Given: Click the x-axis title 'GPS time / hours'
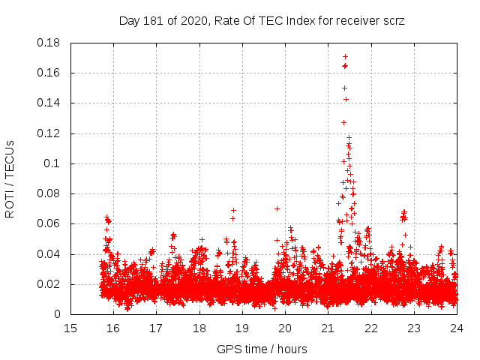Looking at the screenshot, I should [262, 349].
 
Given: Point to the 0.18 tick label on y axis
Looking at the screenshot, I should [49, 43].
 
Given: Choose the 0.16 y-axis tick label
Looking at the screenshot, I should [49, 73].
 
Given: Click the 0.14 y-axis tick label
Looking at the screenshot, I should [49, 103].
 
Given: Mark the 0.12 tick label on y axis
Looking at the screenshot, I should [49, 133].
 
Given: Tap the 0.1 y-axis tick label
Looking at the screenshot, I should [53, 163].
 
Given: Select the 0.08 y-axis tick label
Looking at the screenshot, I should [49, 193].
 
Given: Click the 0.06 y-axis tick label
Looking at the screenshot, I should [49, 223].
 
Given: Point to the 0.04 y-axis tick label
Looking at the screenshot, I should [49, 254].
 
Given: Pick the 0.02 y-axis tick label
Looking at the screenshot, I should [49, 284].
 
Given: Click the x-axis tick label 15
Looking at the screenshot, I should [70, 328].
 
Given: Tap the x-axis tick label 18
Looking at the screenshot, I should [199, 328].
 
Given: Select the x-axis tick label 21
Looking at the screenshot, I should [328, 328].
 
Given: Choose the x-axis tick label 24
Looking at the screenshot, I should [456, 328].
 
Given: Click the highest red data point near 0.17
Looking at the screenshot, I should [345, 56].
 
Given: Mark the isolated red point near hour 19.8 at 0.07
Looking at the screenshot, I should [277, 208].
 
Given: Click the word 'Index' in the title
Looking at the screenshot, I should [290, 21].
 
